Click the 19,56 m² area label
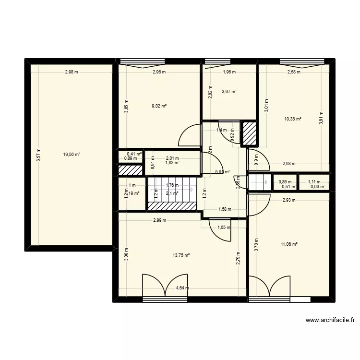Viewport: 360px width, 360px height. pos(72,155)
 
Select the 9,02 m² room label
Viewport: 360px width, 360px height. pos(159,106)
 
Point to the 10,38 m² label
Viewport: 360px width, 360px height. pos(293,119)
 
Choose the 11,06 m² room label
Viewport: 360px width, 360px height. pos(289,244)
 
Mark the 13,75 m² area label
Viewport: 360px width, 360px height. pos(181,255)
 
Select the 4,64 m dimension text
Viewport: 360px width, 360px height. pos(182,288)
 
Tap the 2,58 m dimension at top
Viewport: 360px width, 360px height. pos(294,72)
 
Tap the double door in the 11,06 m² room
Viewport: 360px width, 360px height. pos(269,287)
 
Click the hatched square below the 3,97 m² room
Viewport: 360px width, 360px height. pos(250,133)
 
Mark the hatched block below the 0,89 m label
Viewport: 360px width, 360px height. pos(131,169)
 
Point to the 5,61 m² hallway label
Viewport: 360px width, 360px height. pos(223,171)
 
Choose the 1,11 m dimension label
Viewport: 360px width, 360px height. pos(314,182)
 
